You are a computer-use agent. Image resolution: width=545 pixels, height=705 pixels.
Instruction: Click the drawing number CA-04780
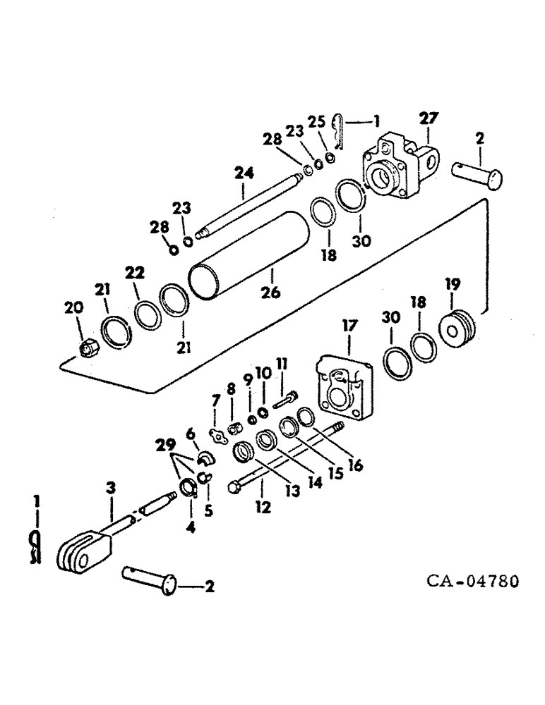472,582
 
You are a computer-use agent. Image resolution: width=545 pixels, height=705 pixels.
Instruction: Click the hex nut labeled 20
87,346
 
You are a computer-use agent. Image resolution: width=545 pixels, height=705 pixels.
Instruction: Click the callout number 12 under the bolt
263,507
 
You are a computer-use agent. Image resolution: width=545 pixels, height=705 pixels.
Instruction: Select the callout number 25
314,120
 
